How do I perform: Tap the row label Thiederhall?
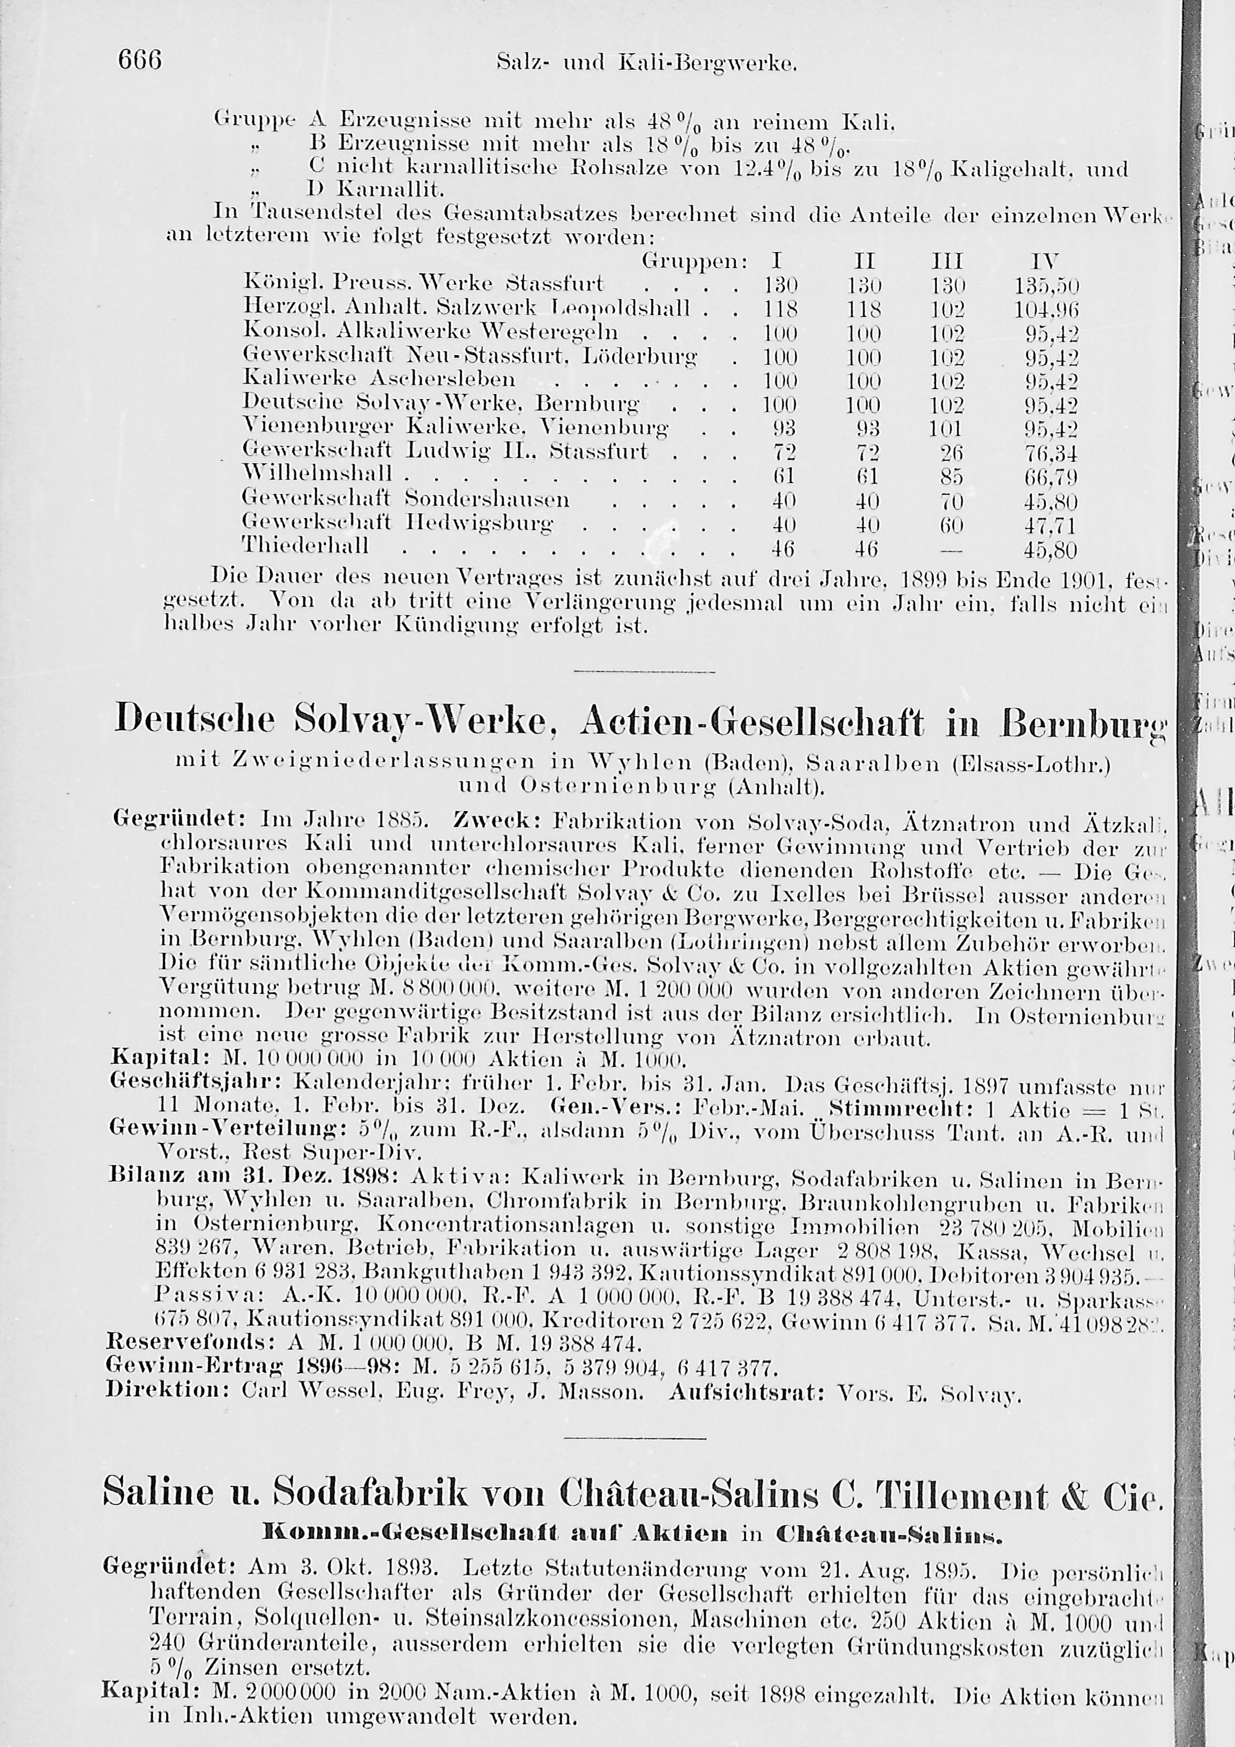point(305,545)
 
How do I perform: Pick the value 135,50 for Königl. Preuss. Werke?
point(1047,285)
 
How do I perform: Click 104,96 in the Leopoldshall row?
point(1047,309)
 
